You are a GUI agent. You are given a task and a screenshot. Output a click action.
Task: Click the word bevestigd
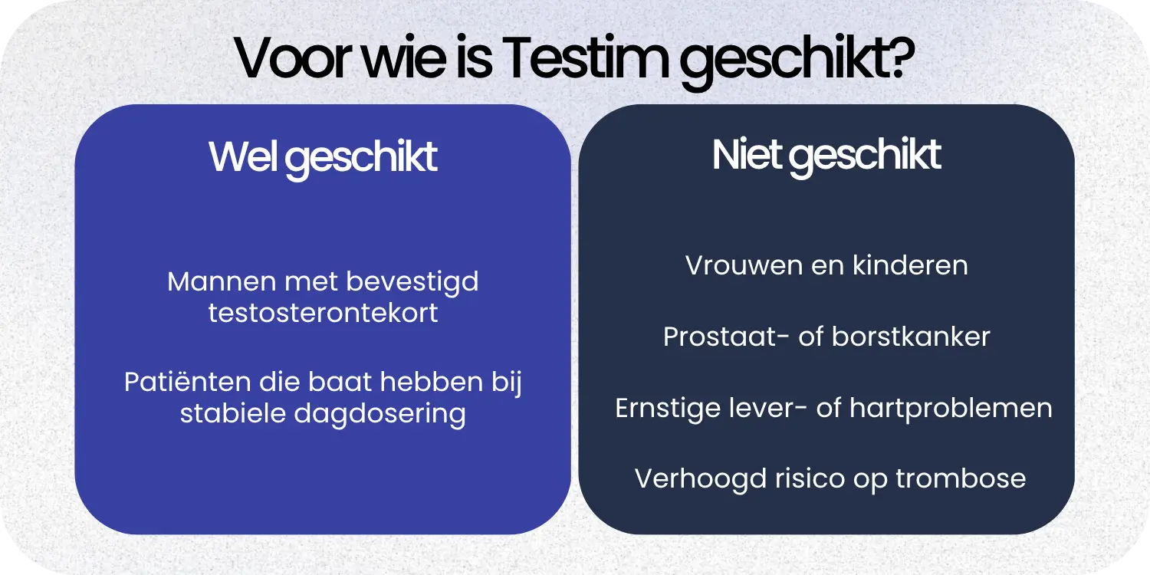pyautogui.click(x=412, y=281)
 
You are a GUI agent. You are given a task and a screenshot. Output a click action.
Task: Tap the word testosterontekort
pyautogui.click(x=323, y=314)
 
